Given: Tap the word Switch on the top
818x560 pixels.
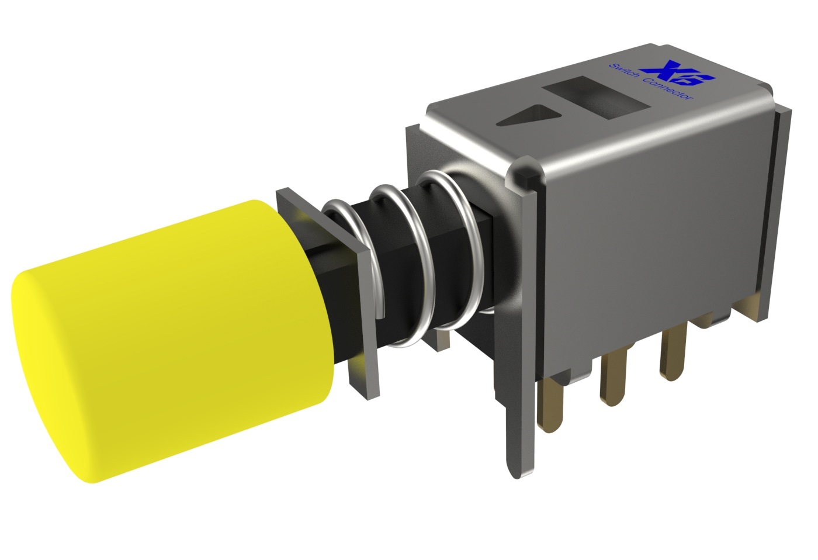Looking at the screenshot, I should point(623,73).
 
